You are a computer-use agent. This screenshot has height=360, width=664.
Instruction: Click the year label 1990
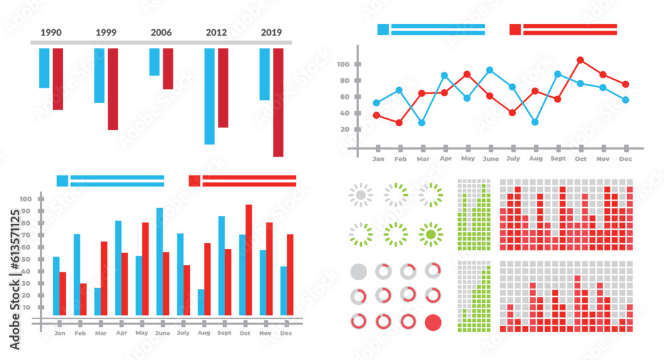point(50,32)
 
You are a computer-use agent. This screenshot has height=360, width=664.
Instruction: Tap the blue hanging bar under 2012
point(209,96)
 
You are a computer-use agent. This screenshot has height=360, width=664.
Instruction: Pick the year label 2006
point(161,32)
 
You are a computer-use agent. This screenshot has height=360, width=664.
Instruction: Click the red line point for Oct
point(580,60)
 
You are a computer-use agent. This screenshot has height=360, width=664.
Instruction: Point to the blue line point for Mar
point(422,123)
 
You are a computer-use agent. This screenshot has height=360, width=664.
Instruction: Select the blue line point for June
point(489,70)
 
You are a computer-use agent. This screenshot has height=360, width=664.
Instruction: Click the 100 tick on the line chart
point(343,64)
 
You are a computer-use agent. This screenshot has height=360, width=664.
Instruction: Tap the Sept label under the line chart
point(558,159)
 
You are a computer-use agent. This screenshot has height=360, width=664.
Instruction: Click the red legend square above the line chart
point(515,29)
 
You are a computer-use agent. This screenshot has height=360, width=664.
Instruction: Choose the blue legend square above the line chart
point(383,29)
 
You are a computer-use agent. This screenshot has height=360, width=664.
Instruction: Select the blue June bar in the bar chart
point(159,262)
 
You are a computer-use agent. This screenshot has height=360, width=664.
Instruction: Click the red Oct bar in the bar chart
point(249,260)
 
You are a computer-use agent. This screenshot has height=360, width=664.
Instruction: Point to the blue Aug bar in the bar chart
point(201,302)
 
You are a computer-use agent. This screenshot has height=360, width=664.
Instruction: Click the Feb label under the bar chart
point(80,333)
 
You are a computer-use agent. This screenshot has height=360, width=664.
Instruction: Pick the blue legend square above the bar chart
point(62,181)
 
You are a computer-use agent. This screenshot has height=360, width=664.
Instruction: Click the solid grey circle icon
point(358,272)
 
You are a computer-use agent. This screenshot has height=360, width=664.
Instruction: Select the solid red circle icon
point(433,322)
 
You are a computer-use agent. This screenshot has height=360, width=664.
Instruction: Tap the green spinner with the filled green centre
point(431,234)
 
